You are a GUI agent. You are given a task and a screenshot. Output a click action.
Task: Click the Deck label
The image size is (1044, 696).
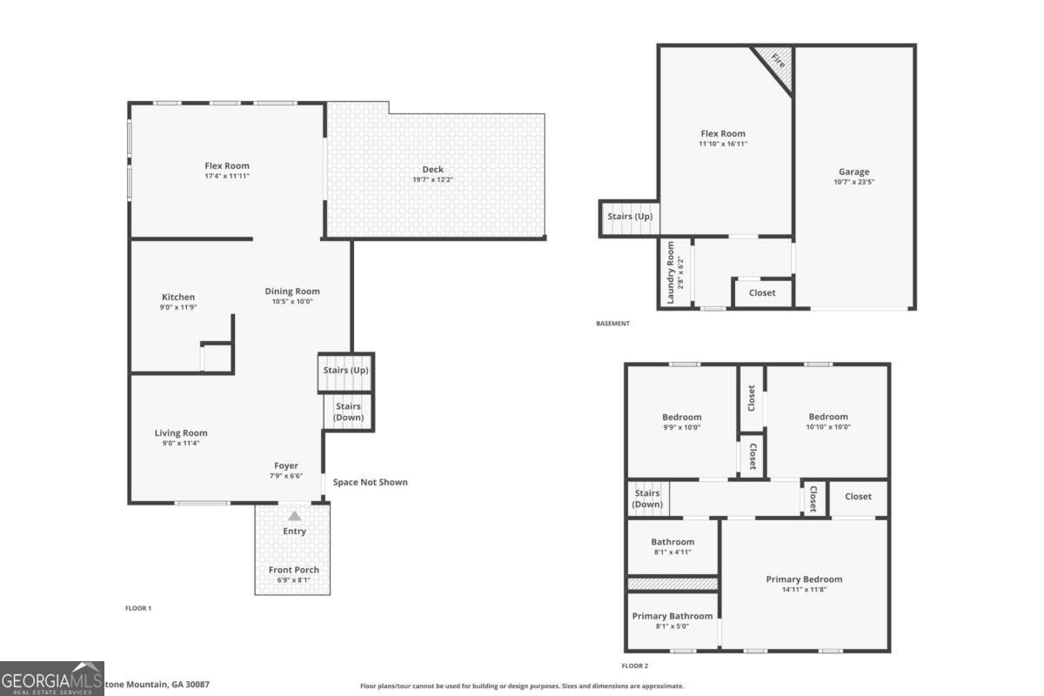432,170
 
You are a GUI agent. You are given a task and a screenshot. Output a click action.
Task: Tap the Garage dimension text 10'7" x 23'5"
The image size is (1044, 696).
853,183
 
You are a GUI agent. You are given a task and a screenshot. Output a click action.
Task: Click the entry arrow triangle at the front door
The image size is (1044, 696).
295,516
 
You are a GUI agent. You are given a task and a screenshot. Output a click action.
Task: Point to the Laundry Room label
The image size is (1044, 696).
671,272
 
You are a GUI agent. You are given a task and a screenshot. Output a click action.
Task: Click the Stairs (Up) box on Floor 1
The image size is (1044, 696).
345,371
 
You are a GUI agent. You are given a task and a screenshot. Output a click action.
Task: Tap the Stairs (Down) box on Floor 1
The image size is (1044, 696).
348,412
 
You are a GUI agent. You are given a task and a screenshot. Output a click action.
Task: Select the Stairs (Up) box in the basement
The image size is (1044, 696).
629,217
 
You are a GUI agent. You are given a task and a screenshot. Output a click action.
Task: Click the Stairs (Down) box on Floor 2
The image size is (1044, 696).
647,499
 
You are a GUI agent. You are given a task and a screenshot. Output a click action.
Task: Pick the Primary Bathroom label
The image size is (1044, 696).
672,616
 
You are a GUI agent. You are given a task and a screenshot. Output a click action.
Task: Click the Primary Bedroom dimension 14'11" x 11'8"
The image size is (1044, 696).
804,590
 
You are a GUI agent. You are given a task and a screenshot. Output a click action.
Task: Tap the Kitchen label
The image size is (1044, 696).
178,298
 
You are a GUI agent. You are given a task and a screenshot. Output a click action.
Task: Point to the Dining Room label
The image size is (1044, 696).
292,291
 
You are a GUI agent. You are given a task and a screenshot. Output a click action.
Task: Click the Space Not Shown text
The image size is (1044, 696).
370,482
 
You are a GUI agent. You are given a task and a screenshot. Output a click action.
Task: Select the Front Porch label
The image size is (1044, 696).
294,570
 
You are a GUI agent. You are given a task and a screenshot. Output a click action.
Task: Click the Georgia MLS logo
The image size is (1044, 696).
52,678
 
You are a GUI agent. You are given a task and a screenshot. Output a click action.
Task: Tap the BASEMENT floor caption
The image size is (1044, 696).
612,324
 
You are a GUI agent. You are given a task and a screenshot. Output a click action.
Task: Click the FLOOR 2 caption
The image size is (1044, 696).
634,666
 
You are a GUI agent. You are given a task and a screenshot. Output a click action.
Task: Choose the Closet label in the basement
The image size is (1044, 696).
762,293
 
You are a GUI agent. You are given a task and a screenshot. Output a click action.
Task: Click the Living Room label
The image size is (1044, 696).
181,433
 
